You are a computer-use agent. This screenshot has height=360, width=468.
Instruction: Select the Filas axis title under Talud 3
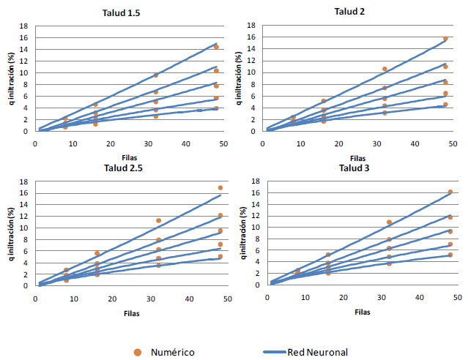tap(362, 312)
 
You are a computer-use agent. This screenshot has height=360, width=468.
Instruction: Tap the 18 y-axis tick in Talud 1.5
tap(24, 26)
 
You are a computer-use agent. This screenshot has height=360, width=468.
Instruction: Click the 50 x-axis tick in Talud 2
tap(456, 143)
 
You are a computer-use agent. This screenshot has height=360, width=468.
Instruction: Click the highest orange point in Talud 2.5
tap(220, 188)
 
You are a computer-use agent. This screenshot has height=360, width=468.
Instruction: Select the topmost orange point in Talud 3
tap(450, 192)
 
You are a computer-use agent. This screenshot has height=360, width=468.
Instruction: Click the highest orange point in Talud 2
tap(445, 39)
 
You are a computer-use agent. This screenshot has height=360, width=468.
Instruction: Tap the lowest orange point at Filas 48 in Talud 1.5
tap(216, 108)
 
